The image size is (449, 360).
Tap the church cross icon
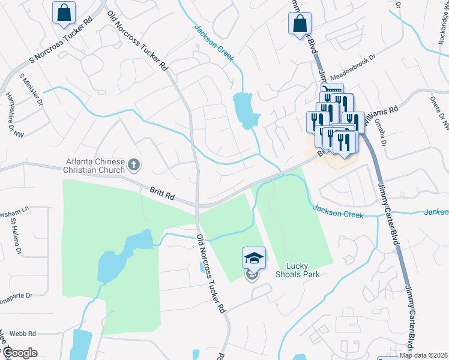tap(134, 164)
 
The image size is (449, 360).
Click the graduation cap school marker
tap(254, 258)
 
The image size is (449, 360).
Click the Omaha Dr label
tap(382, 127)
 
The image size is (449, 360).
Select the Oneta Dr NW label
tap(439, 113)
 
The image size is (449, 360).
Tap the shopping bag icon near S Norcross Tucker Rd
tap(64, 13)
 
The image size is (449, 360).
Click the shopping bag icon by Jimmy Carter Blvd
tap(300, 25)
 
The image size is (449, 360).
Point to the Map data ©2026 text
tap(424, 355)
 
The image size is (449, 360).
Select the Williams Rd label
tap(385, 111)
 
